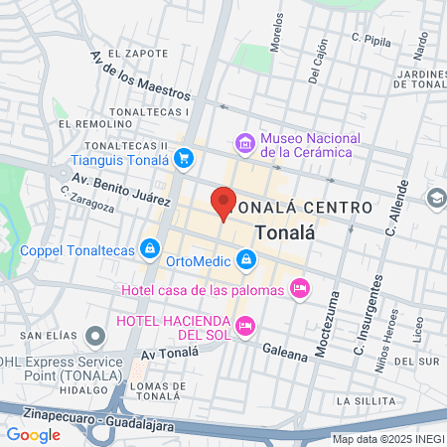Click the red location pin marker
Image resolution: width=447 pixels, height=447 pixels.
[x=223, y=202]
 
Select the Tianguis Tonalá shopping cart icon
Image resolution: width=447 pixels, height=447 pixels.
[x=183, y=158]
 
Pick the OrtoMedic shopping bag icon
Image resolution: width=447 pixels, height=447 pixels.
[x=247, y=261]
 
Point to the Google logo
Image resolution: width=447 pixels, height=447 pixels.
[x=33, y=434]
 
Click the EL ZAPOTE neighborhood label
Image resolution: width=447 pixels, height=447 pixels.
[x=134, y=53]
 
